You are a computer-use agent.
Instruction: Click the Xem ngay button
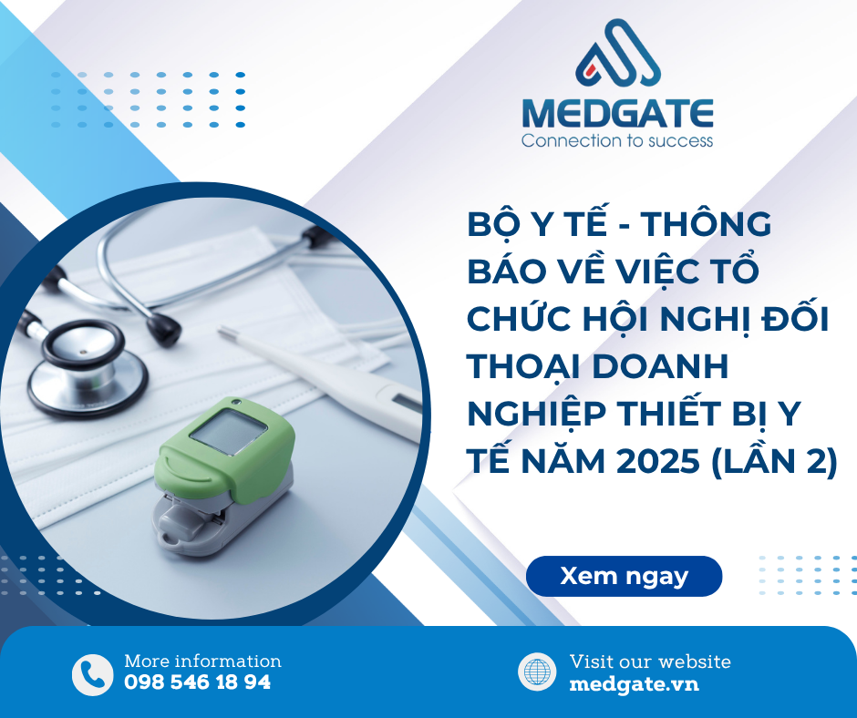click(624, 576)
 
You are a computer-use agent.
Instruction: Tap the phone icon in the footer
click(92, 674)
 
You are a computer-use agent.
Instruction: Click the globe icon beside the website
click(537, 672)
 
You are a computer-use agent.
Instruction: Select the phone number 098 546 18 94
click(197, 682)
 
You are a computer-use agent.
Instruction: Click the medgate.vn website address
click(634, 684)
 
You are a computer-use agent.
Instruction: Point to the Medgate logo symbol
click(618, 53)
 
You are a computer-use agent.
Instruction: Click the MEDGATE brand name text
click(617, 113)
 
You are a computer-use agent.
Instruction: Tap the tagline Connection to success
click(617, 141)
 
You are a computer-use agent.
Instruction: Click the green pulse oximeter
click(224, 476)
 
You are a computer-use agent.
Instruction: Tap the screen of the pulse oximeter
click(228, 432)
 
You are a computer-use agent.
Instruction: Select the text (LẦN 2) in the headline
click(774, 461)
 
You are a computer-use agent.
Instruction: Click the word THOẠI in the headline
click(524, 367)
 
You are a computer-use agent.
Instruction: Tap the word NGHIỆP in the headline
click(537, 415)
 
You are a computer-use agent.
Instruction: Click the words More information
click(202, 662)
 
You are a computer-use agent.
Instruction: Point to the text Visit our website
click(650, 662)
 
